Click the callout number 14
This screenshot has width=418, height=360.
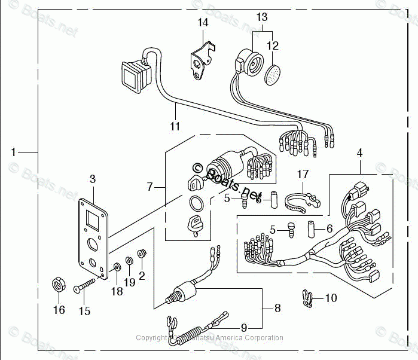(x=203, y=23)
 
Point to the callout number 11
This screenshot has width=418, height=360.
(x=175, y=126)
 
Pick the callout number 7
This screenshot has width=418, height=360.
(x=151, y=187)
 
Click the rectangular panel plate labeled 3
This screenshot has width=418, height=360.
(x=93, y=233)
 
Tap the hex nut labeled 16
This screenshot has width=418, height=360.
(x=59, y=285)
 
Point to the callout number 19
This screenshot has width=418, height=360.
(x=130, y=283)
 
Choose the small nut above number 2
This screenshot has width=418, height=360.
(x=142, y=254)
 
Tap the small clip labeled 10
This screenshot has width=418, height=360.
(x=307, y=298)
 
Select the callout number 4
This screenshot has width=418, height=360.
(x=359, y=153)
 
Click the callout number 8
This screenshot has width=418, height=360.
(x=277, y=309)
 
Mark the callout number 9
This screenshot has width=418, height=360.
(x=243, y=327)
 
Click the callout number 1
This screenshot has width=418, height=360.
(x=13, y=152)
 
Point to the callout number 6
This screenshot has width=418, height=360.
(x=329, y=229)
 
